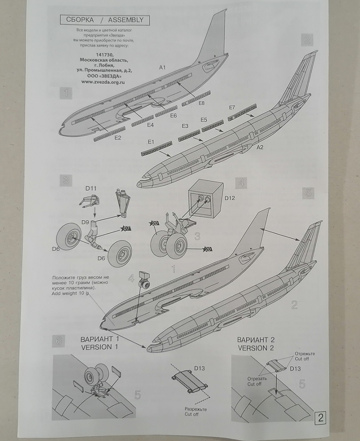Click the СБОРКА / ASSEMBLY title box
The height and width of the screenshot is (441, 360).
(105, 20)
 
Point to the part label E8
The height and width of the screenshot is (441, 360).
(201, 103)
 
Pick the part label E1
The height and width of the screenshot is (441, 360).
(151, 142)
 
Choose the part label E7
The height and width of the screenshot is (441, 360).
(231, 108)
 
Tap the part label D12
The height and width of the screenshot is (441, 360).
(229, 197)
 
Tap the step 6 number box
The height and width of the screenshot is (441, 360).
(58, 341)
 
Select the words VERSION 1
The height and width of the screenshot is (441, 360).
(100, 347)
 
